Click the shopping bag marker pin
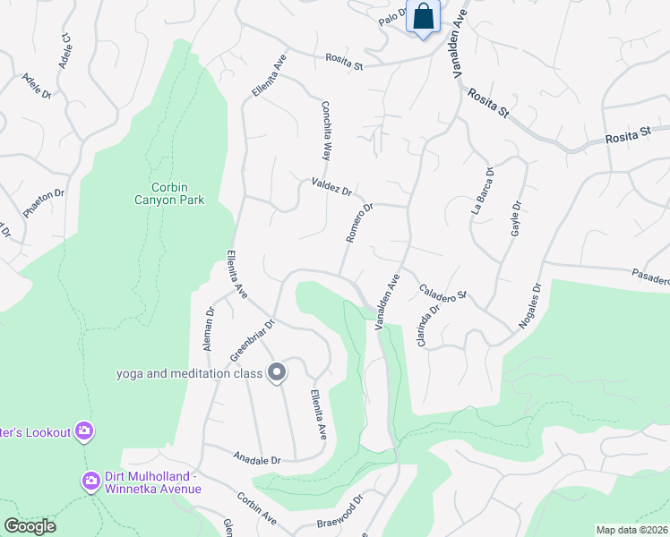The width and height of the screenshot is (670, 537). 423,17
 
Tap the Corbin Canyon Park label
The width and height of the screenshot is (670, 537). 165,193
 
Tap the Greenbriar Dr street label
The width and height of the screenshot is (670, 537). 251,341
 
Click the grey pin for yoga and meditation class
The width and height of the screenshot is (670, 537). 277,371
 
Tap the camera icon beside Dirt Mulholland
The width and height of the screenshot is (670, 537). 90,482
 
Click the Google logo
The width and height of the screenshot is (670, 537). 30,526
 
